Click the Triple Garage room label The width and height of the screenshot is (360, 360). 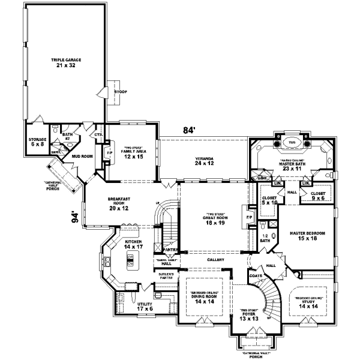(66, 63)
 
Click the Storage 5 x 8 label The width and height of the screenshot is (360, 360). (37, 142)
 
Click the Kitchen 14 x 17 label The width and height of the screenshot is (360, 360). (133, 244)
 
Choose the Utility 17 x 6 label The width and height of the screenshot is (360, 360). (145, 307)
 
